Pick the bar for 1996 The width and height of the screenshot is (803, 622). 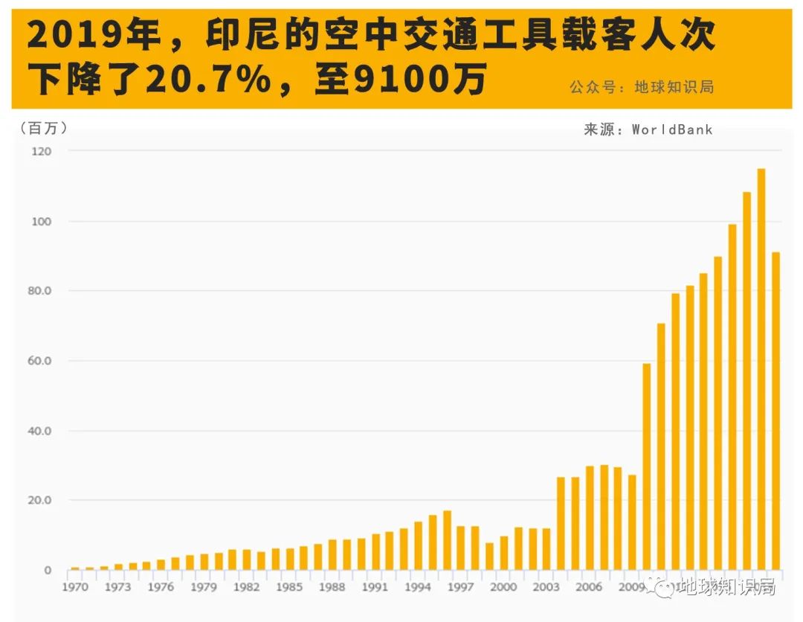[x=447, y=540]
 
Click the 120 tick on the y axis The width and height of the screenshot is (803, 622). [x=42, y=151]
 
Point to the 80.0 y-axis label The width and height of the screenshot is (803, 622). [x=40, y=291]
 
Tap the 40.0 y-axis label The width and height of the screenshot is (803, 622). [x=40, y=431]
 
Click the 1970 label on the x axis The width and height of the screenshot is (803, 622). [x=75, y=588]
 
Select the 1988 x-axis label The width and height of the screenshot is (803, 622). [x=332, y=588]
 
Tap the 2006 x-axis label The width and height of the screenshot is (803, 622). [x=590, y=588]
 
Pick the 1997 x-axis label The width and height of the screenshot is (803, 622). [x=461, y=588]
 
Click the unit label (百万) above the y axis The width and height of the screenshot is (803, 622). [x=44, y=128]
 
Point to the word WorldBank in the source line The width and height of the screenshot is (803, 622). [x=672, y=129]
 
